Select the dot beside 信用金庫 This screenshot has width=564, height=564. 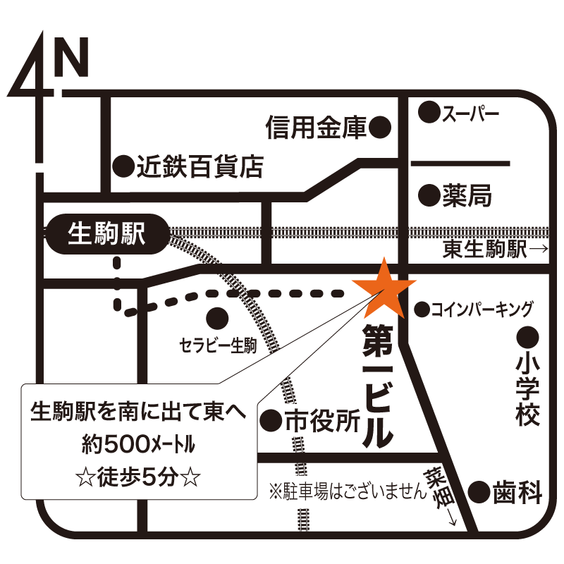[x=381, y=128]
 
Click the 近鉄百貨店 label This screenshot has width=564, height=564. [x=200, y=167]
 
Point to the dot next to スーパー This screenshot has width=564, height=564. [x=427, y=111]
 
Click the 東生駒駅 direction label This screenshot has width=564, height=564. [x=485, y=249]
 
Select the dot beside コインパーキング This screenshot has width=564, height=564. [x=422, y=309]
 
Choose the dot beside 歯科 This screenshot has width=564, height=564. [x=479, y=491]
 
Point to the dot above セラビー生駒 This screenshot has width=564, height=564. [x=217, y=319]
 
